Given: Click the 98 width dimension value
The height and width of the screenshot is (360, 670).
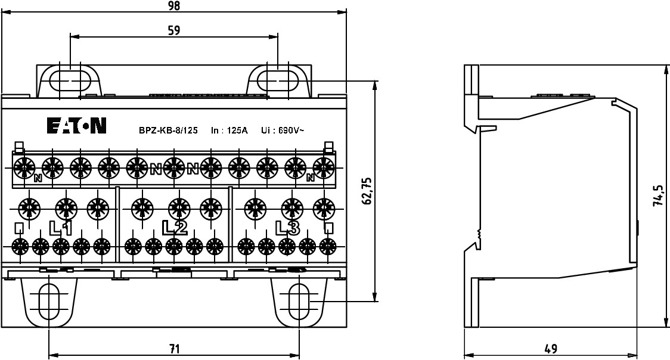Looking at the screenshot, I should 173,5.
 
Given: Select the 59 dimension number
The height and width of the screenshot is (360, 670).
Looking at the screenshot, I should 173,30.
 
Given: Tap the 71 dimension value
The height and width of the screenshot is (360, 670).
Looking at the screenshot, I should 173,349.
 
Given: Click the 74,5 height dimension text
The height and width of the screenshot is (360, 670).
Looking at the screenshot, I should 657,195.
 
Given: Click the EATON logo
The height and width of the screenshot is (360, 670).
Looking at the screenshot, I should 77,126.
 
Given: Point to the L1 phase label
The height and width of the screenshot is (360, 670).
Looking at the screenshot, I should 61,228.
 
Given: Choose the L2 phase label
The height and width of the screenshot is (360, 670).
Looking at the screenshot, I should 175,227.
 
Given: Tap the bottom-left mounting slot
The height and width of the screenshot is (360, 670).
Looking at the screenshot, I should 49,303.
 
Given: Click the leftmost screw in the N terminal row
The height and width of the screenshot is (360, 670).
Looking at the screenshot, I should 24,167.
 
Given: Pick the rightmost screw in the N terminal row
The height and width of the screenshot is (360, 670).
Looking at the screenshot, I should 324,167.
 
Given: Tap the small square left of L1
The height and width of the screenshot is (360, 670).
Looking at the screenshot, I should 19,227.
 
